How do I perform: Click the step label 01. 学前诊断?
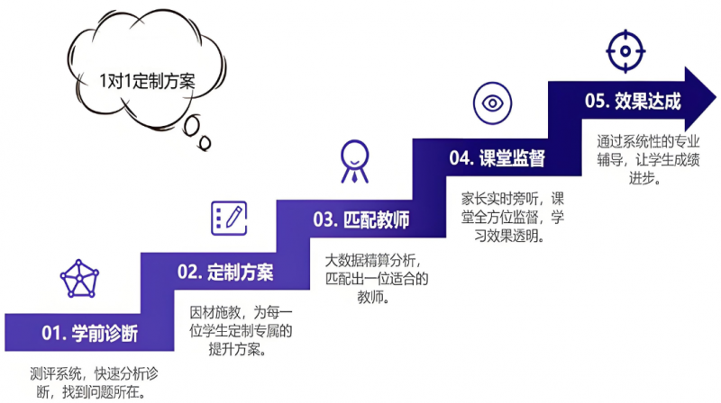point(89,333)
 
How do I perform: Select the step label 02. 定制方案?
point(225,272)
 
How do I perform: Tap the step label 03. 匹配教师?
point(361,219)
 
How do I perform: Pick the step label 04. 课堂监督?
point(497,158)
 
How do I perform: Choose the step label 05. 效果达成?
point(633,101)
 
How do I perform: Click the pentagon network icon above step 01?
point(79,279)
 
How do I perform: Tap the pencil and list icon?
point(229,218)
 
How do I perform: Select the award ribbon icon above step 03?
point(354,161)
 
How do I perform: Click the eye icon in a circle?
point(492,103)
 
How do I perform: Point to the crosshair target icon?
point(625,51)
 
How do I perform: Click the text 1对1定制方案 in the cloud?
point(148,81)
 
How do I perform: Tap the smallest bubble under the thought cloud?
point(205,143)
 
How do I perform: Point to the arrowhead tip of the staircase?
point(716,98)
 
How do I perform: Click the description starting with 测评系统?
point(94,383)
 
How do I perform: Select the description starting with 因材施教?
point(241,331)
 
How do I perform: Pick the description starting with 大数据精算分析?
point(377,279)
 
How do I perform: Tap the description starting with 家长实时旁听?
point(512,217)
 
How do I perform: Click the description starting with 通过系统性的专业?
point(648,160)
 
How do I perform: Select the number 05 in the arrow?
point(594,101)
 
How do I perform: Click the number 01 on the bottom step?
point(50,333)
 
